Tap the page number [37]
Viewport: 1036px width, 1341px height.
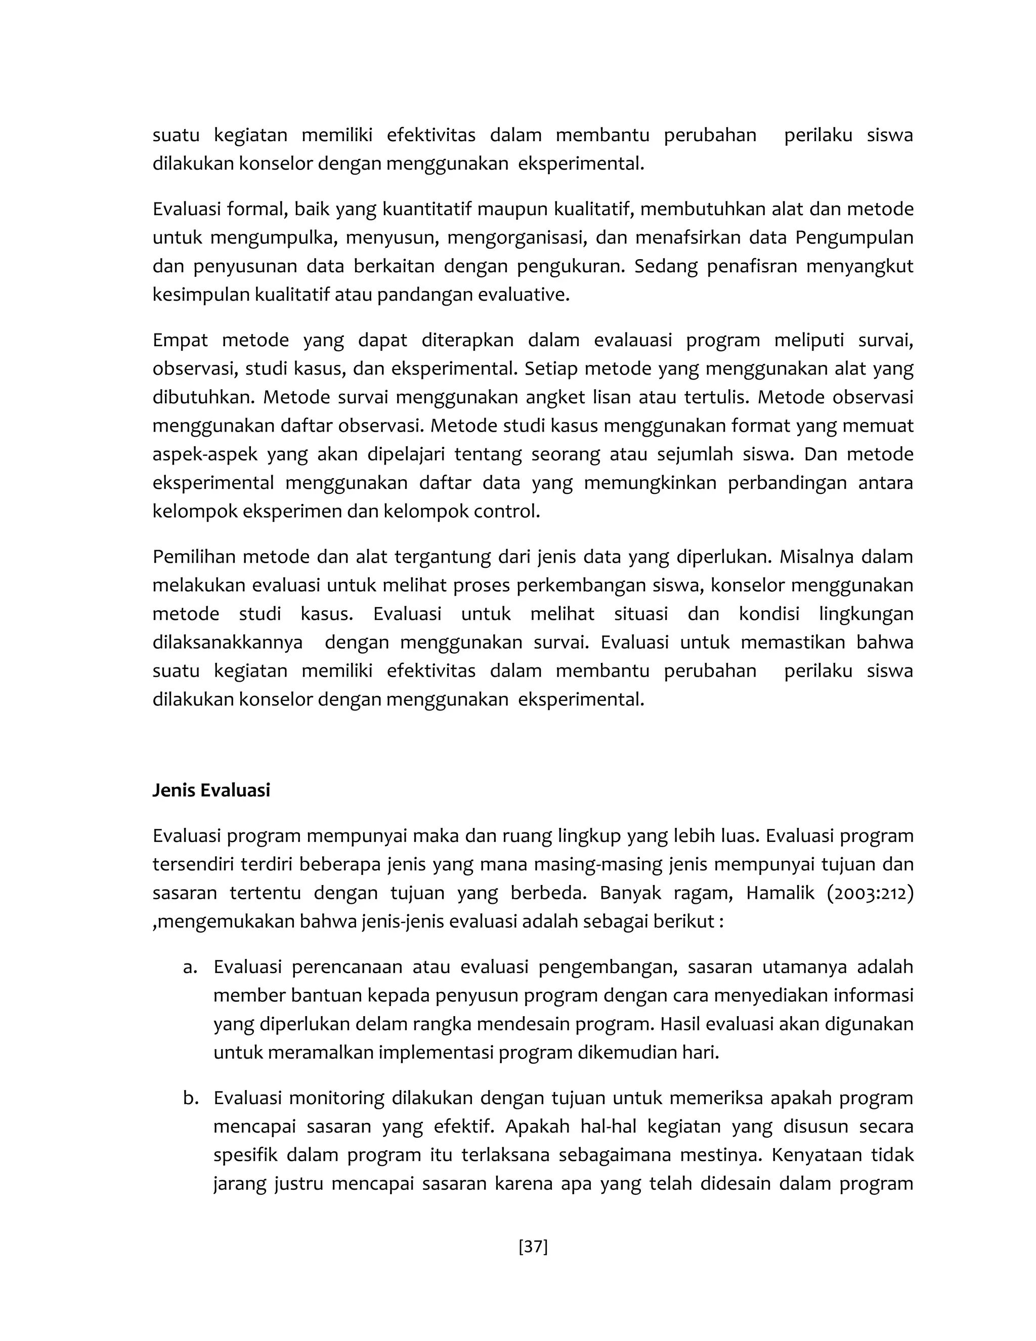click(x=533, y=1246)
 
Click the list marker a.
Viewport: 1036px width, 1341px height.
click(x=190, y=967)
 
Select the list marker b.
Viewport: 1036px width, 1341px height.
click(x=191, y=1098)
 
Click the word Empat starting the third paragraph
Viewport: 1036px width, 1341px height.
click(x=181, y=340)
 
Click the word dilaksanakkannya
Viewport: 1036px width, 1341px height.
click(x=228, y=642)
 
